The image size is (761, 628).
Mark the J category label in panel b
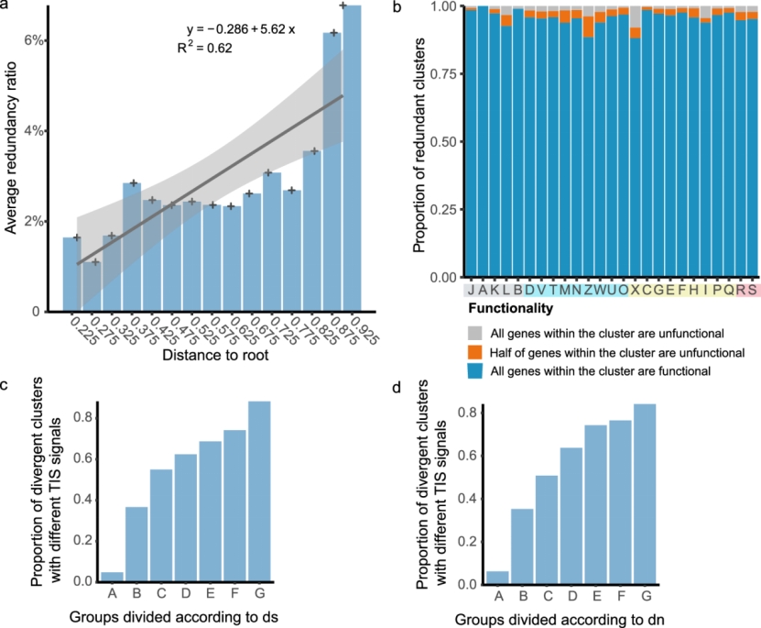(x=471, y=291)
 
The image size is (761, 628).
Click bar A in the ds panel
(x=112, y=576)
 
